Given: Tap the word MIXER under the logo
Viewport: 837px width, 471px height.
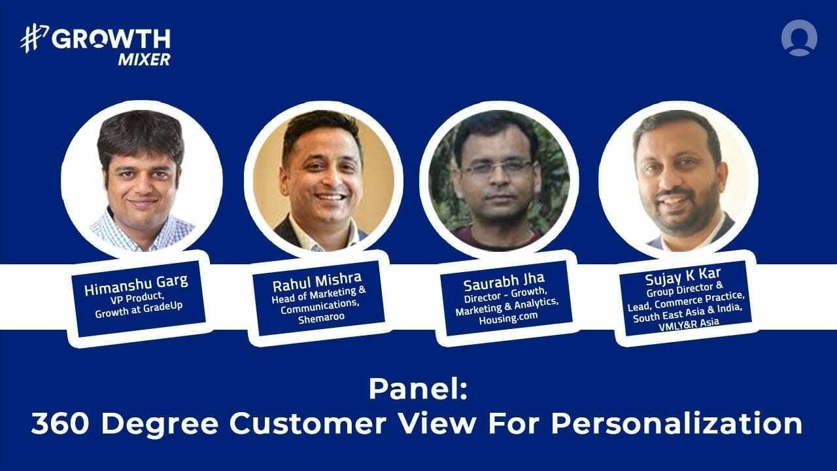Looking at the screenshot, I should tap(144, 60).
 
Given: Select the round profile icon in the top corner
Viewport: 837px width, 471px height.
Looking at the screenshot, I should tap(798, 38).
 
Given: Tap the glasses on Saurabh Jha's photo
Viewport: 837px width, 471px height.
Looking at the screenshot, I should tap(498, 168).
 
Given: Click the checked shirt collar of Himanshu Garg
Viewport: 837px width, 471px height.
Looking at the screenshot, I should tap(118, 226).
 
